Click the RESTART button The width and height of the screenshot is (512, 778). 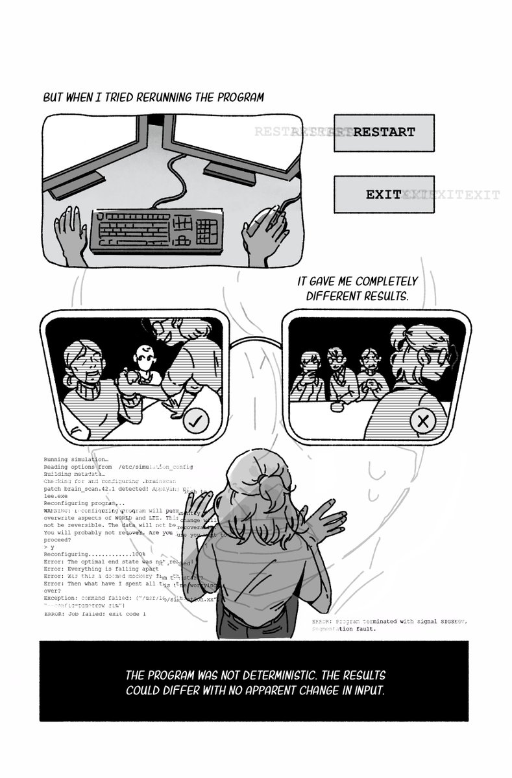pyautogui.click(x=384, y=133)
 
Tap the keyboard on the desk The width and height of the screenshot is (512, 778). pyautogui.click(x=155, y=230)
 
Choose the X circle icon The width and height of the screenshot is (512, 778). pyautogui.click(x=423, y=421)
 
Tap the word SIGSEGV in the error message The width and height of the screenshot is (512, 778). pyautogui.click(x=450, y=622)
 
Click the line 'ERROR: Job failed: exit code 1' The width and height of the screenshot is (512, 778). pyautogui.click(x=95, y=613)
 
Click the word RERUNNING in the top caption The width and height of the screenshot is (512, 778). pyautogui.click(x=164, y=99)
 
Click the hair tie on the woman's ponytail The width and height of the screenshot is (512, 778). pyautogui.click(x=264, y=480)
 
